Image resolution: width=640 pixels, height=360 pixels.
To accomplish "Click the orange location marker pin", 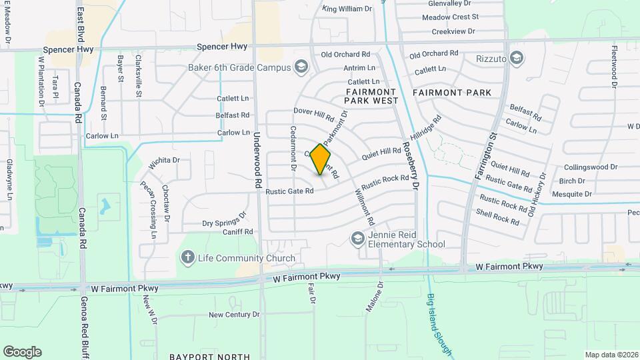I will coord(321,159).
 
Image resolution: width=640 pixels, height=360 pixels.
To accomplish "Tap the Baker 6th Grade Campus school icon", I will coord(301,67).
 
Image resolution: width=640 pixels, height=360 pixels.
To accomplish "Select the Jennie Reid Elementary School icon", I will coord(358,239).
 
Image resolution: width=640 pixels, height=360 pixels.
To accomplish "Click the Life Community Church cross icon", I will coord(188,257).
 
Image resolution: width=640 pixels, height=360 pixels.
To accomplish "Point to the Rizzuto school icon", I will coord(515,59).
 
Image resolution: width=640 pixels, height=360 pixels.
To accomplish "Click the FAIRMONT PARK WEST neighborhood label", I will coord(371,96).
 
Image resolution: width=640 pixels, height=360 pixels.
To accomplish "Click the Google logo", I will coord(22,352).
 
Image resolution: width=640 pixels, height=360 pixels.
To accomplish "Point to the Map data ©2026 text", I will coord(611,355).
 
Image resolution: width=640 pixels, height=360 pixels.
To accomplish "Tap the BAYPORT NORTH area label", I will coord(209,357).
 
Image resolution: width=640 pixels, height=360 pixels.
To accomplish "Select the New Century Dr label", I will coord(234,315).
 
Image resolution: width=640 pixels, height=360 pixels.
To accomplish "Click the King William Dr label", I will coord(347,9).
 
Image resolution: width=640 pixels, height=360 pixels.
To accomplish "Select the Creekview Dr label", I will coord(453,31).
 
